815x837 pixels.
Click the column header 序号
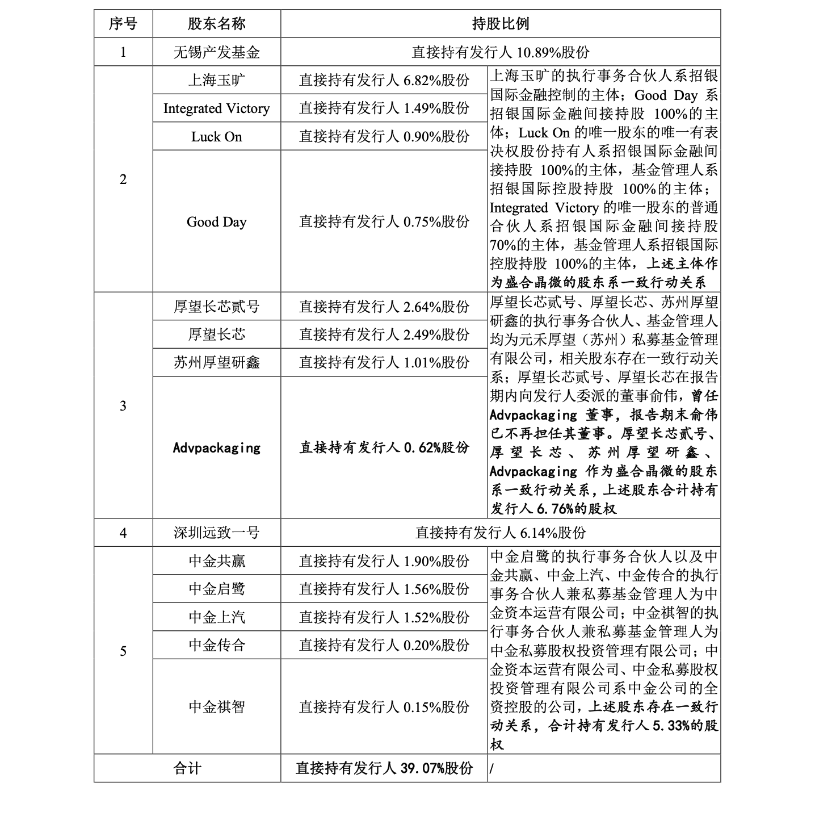point(123,24)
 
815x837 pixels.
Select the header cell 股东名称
point(216,24)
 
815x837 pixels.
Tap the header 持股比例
point(500,24)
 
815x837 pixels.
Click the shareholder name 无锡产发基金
point(216,53)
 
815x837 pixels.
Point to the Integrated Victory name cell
point(216,108)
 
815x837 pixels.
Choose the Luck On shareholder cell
point(216,137)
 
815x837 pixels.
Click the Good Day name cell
point(216,222)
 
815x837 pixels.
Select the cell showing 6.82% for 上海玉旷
point(384,81)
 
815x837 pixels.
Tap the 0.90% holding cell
point(384,137)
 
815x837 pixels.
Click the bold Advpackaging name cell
point(216,448)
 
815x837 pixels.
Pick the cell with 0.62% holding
point(384,448)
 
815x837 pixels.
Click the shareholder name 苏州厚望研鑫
point(216,363)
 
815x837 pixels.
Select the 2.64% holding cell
point(384,307)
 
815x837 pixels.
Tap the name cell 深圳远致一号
point(216,533)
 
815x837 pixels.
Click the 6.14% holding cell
point(500,533)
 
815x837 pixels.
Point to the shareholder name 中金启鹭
point(216,589)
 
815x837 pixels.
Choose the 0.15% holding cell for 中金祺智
point(384,708)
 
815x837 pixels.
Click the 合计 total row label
point(187,769)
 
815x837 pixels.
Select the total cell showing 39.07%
point(384,769)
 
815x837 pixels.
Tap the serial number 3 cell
point(123,406)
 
